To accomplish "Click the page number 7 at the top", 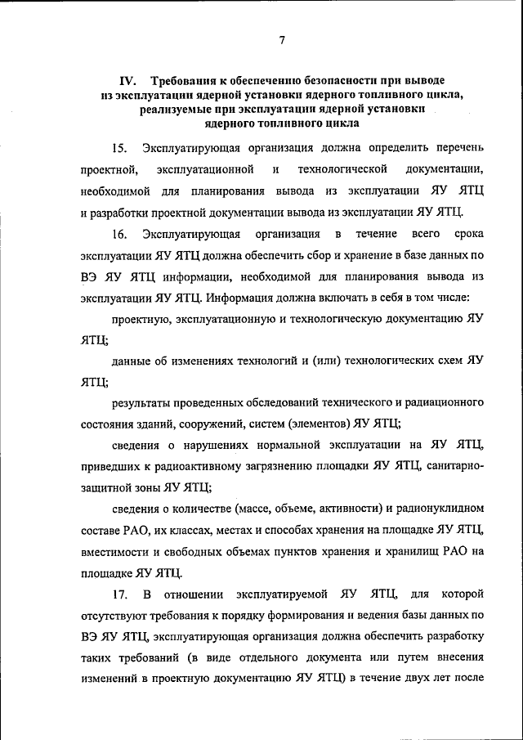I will coord(280,40).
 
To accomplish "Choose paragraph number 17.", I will coord(120,591).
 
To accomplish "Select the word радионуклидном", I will coord(437,509).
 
